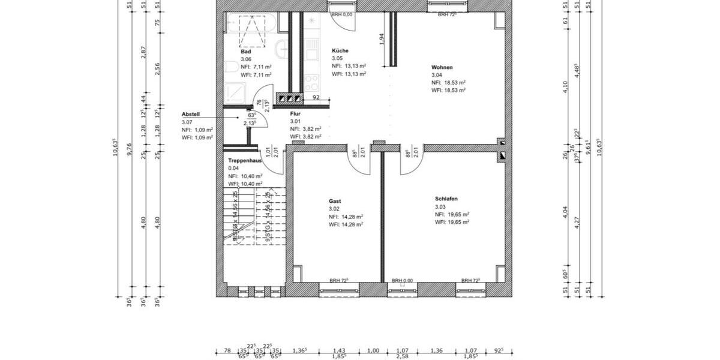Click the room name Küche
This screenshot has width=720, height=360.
pos(340,51)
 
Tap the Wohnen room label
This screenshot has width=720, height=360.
pos(442,67)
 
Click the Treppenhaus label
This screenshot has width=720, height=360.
pos(244,161)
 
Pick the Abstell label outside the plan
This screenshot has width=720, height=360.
pos(191,114)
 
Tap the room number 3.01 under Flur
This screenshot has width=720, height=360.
pos(295,121)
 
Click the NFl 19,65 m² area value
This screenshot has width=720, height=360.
pos(452,214)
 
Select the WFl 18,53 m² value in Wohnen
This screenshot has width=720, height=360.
pos(448,90)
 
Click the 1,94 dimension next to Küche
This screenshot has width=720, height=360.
pos(382,38)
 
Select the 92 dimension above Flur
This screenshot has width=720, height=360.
pos(316,97)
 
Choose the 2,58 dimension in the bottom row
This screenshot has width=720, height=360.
pos(403,356)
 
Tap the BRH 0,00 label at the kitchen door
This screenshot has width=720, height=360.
pos(341,14)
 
